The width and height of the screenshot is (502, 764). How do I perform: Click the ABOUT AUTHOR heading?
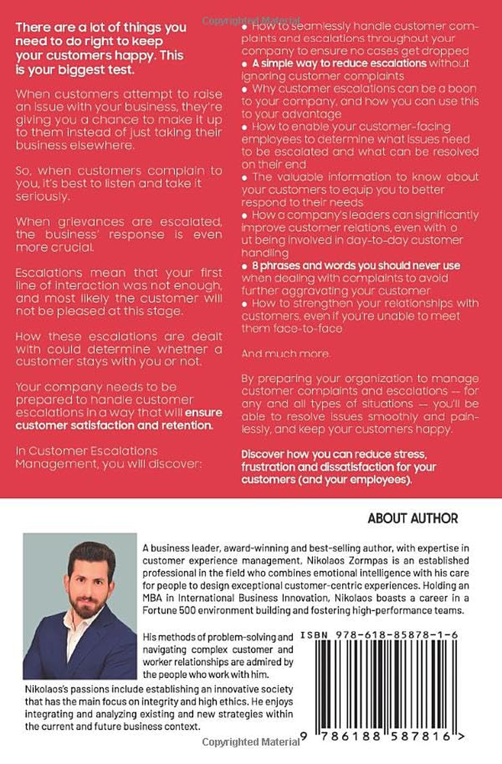point(412,519)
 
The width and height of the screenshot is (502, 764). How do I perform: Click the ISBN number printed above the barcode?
point(379,635)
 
